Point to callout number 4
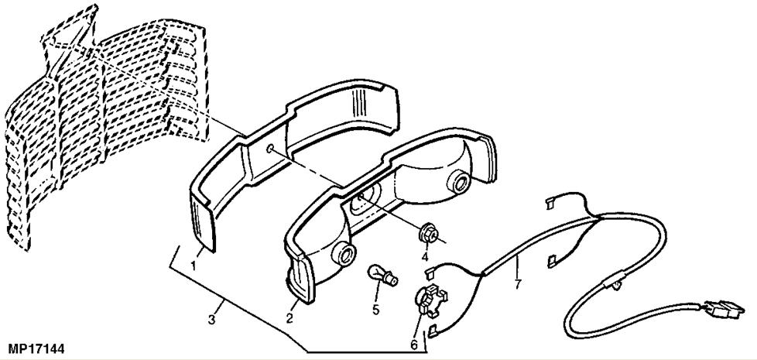coord(424,256)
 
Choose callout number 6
coord(413,344)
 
